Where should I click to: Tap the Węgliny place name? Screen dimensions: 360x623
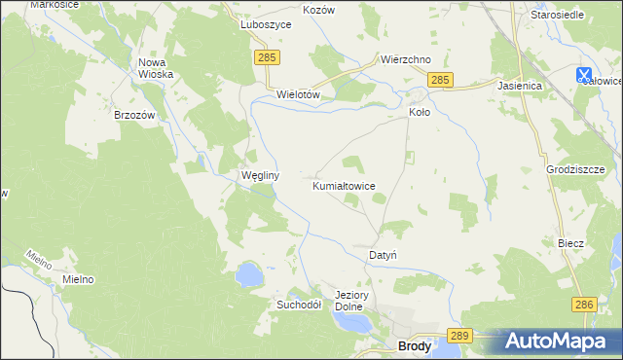coord(260,176)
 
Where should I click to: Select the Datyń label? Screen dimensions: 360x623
coord(383,255)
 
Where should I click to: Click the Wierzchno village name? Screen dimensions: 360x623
coord(406,59)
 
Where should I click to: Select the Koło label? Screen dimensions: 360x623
coord(419,112)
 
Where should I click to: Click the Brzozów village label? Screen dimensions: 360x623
coord(135,114)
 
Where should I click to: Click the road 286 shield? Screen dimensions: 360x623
coord(583,305)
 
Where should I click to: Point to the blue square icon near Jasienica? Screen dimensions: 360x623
coord(584,74)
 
